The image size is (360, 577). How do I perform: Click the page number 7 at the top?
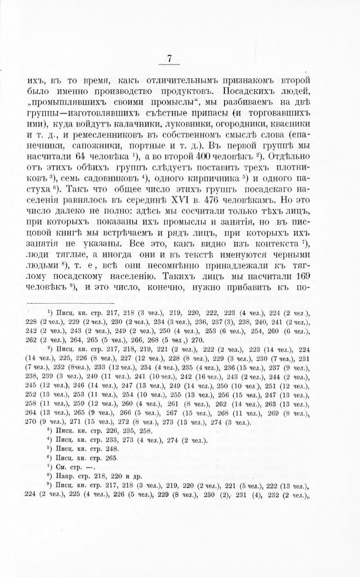[170, 59]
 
